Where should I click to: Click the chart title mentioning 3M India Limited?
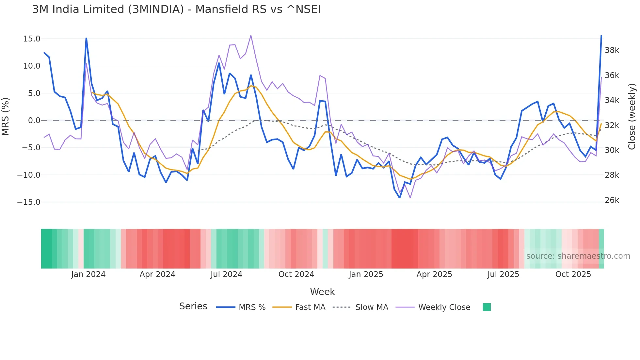pos(176,9)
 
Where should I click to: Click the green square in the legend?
pos(487,307)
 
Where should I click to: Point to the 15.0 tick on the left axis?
pos(32,39)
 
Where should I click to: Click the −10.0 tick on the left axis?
pos(29,175)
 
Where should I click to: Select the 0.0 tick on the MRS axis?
pos(34,121)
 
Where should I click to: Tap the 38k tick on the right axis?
pos(612,50)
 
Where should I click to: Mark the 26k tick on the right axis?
pos(612,200)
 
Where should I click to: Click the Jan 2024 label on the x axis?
pos(88,274)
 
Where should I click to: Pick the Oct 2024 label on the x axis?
pos(296,274)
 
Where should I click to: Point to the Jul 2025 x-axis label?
pos(503,274)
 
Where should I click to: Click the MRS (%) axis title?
pos(6,116)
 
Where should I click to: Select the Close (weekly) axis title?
pos(632,116)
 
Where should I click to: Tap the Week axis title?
pos(322,292)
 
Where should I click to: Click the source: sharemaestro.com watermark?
pos(578,256)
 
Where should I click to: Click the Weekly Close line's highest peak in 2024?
pos(251,35)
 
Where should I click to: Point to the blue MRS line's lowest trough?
pos(400,198)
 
